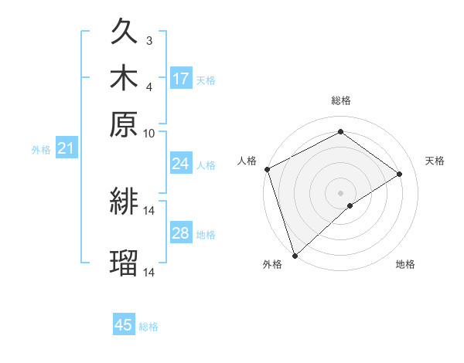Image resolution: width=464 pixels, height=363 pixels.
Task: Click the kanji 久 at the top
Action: [x=124, y=34]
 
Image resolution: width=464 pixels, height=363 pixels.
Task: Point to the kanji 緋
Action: [x=124, y=202]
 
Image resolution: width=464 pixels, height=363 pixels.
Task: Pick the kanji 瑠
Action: [x=124, y=263]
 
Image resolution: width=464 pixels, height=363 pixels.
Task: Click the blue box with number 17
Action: [x=181, y=79]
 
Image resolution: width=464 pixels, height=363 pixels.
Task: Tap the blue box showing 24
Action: [x=181, y=164]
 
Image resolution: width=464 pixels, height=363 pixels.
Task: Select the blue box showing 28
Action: [x=181, y=233]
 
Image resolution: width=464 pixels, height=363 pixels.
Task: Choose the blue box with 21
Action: [x=66, y=148]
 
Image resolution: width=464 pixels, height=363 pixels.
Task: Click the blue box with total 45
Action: [x=124, y=325]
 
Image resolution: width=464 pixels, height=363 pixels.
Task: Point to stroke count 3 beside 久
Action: [x=149, y=40]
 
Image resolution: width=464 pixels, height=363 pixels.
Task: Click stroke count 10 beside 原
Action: [x=149, y=133]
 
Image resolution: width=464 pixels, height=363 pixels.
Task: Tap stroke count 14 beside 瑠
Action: [x=149, y=273]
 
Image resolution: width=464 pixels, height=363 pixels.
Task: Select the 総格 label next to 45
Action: [x=148, y=327]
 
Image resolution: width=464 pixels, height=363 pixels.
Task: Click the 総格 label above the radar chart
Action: [x=340, y=100]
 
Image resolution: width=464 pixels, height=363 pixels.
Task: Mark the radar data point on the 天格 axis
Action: [x=400, y=174]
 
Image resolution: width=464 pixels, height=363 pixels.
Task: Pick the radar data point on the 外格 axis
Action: [x=295, y=255]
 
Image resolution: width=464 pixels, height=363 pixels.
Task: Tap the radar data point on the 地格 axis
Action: [x=350, y=205]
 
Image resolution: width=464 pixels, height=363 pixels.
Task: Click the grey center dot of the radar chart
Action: [x=340, y=192]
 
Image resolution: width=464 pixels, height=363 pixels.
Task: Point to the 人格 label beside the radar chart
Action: [x=247, y=161]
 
